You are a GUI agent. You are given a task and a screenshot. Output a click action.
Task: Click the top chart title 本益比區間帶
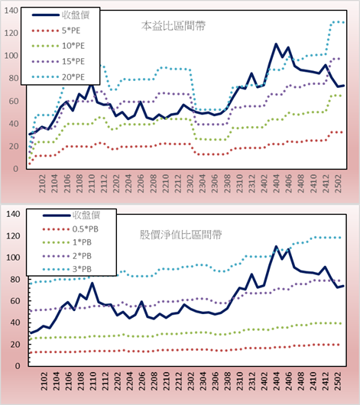coord(174,26)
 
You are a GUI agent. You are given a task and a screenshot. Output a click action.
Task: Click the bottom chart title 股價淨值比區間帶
coord(180,235)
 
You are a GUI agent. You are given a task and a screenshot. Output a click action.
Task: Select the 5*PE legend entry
coord(57,31)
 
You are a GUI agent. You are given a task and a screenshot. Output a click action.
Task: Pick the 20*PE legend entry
coord(58,77)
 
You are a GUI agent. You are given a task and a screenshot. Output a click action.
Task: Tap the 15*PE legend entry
coord(58,61)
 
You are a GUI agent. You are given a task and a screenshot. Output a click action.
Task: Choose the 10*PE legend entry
coord(58,46)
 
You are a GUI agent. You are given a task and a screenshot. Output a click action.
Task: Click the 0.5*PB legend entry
coord(70,229)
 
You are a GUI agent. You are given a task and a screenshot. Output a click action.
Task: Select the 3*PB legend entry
coord(67,269)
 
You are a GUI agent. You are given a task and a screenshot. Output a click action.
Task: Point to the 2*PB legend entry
coord(67,256)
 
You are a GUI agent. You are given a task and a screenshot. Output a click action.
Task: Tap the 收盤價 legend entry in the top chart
coord(60,15)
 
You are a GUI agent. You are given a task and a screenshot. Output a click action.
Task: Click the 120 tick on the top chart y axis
coord(11,33)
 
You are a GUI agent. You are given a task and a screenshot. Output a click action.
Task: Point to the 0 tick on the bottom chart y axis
coord(18,366)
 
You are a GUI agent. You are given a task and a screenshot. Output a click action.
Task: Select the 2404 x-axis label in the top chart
coord(277,183)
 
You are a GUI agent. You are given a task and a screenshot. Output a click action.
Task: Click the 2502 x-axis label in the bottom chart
coord(338,381)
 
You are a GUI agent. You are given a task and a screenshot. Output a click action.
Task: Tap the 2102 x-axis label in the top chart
coord(42,183)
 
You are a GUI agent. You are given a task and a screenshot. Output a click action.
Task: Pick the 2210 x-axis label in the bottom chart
coord(166,381)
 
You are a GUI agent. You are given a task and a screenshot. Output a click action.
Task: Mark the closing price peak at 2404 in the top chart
coord(276,44)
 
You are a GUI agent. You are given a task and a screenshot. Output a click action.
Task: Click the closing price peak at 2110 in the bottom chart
coord(92,283)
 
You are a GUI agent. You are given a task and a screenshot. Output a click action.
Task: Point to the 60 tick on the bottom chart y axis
coord(15,301)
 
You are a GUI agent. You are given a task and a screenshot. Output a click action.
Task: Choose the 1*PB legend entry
coord(67,242)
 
